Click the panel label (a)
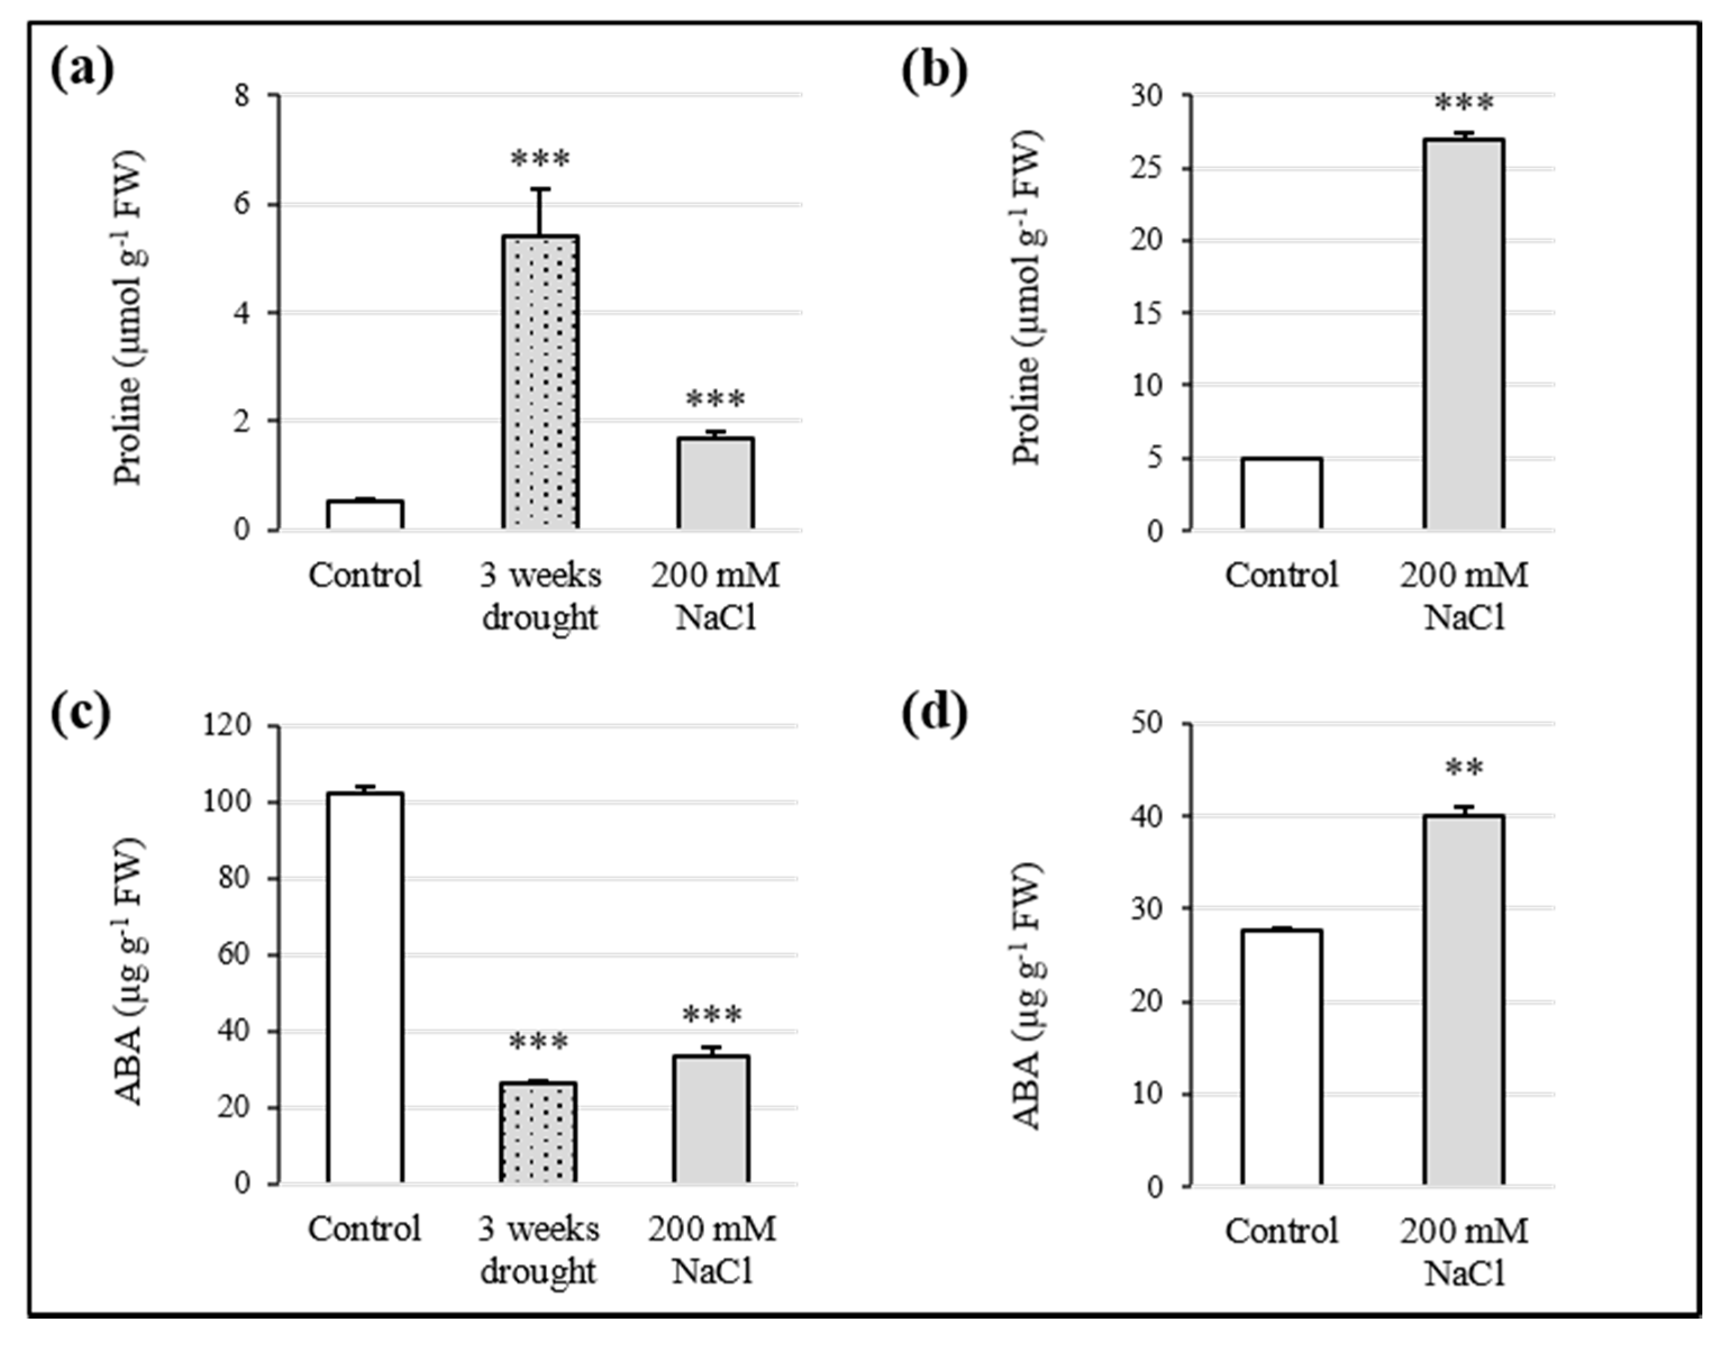(82, 71)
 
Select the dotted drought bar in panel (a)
(540, 382)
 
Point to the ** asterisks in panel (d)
(1464, 769)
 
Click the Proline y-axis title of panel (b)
(1027, 299)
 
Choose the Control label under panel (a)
(365, 576)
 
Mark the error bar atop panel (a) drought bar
(541, 211)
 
